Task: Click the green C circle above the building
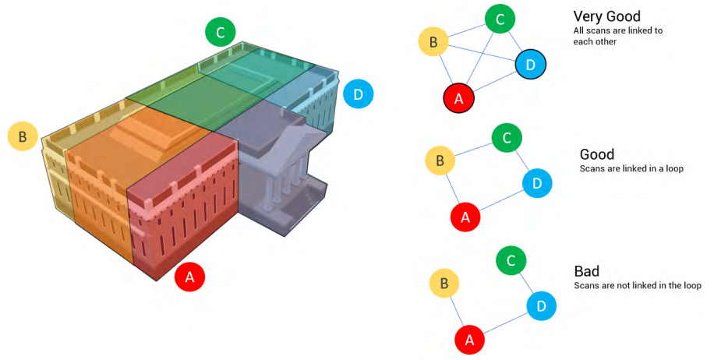(221, 32)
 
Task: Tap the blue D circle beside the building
(358, 94)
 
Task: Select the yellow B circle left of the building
(23, 136)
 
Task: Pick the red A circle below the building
(190, 277)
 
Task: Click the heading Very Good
(607, 16)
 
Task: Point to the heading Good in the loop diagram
(597, 154)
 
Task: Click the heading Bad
(586, 271)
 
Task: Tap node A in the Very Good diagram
(459, 98)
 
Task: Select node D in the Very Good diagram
(531, 65)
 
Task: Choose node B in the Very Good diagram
(433, 42)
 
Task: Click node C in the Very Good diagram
(500, 19)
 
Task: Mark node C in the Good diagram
(507, 137)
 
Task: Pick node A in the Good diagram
(465, 217)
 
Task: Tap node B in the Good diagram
(440, 161)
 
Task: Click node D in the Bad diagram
(541, 305)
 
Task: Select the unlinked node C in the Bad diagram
(511, 260)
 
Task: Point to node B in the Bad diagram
(444, 283)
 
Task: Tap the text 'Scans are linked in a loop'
(631, 168)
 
